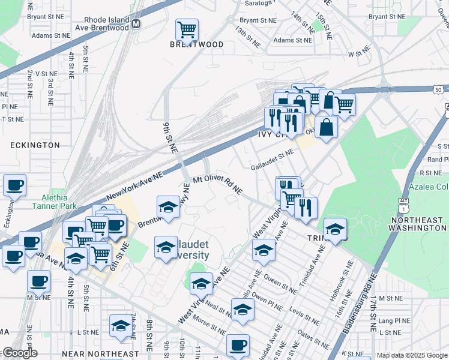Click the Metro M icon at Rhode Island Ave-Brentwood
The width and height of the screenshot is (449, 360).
(x=136, y=24)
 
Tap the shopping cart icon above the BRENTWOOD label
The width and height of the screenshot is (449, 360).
(x=187, y=29)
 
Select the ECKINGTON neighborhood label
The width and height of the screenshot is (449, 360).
(x=35, y=145)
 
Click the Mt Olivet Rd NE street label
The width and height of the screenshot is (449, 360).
(x=217, y=185)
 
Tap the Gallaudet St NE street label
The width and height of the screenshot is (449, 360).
(x=272, y=159)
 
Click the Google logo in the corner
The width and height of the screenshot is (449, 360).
(x=19, y=353)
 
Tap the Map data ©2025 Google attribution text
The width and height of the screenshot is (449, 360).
(x=412, y=355)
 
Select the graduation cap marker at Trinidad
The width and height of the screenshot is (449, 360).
(x=335, y=229)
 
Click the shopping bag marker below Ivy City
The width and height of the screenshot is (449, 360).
(x=326, y=128)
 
